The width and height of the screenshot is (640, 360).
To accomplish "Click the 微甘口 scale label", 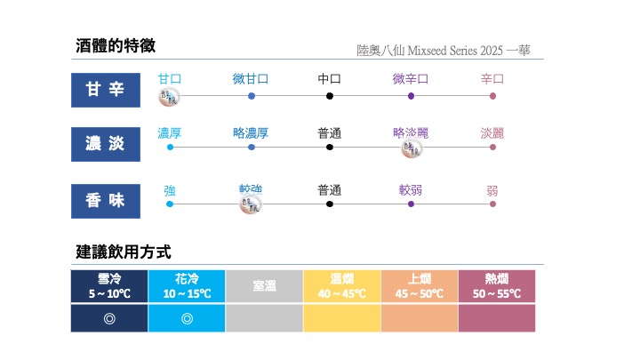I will pyautogui.click(x=251, y=79).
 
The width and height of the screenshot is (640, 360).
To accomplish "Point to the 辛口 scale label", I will pyautogui.click(x=492, y=79).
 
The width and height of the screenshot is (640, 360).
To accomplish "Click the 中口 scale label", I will pyautogui.click(x=330, y=79).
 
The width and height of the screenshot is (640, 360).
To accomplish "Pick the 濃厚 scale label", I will pyautogui.click(x=170, y=133).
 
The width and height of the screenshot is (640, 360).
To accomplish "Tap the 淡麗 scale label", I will pyautogui.click(x=492, y=133).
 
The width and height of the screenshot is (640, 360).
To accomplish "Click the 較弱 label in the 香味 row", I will pyautogui.click(x=411, y=190).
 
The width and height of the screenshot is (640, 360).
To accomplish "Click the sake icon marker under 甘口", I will pyautogui.click(x=169, y=97).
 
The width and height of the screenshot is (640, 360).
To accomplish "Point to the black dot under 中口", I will pyautogui.click(x=330, y=96).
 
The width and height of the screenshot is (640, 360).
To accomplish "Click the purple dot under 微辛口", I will pyautogui.click(x=411, y=96).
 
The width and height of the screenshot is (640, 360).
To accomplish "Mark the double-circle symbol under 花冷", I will pyautogui.click(x=187, y=317).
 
